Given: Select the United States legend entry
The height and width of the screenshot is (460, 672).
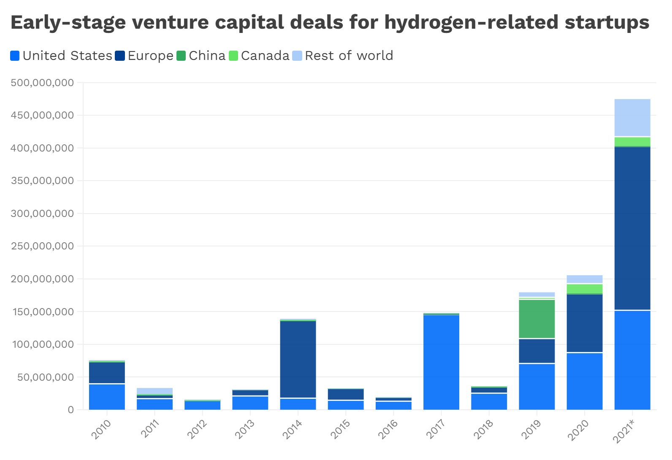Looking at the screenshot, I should (61, 56).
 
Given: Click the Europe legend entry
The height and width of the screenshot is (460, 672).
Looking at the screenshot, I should (144, 56).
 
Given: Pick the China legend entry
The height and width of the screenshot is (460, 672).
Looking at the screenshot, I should (201, 56).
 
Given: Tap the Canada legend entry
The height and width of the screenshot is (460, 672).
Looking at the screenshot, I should (259, 56).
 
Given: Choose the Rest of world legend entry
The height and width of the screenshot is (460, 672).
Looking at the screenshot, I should (343, 56).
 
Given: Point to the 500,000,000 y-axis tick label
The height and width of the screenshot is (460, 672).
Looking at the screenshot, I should (42, 83).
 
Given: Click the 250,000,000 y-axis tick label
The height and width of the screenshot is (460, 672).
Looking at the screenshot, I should (42, 246).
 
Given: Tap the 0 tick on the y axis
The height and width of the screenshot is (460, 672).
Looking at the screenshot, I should (70, 410).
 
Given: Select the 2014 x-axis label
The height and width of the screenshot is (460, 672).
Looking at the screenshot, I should (293, 430).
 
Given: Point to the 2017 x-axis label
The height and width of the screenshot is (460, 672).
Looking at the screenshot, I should (436, 430).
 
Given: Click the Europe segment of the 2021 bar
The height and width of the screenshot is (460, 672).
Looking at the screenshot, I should (632, 228).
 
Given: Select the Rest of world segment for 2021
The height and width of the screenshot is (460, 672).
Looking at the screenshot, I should (632, 117).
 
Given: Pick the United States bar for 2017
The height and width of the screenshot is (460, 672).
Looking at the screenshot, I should (441, 362).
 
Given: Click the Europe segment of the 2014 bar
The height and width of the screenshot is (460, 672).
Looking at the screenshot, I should (298, 359).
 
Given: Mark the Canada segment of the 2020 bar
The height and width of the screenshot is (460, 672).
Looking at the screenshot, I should (585, 289).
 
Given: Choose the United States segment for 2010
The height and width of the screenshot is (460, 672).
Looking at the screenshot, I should (107, 397).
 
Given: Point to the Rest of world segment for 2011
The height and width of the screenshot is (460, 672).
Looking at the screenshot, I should (154, 391).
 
